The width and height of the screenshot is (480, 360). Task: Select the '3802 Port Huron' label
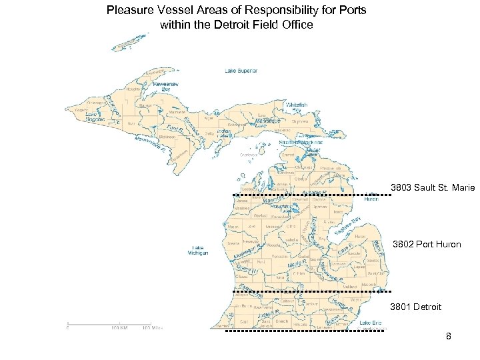click(427, 245)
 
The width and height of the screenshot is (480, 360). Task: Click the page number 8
click(449, 336)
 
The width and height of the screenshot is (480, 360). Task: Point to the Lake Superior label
click(241, 71)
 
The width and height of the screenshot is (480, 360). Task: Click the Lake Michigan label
click(197, 251)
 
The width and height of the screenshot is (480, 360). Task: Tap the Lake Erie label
click(371, 323)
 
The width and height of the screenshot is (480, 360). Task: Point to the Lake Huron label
click(371, 196)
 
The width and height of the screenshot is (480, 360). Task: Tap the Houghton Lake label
click(278, 209)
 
